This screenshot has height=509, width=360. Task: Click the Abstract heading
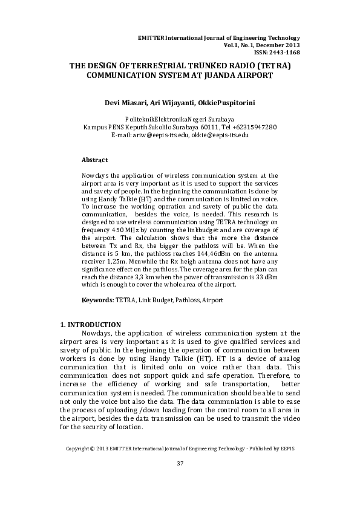(94, 160)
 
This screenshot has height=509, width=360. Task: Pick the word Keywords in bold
(96, 299)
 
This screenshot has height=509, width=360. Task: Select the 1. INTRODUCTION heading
(90, 325)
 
